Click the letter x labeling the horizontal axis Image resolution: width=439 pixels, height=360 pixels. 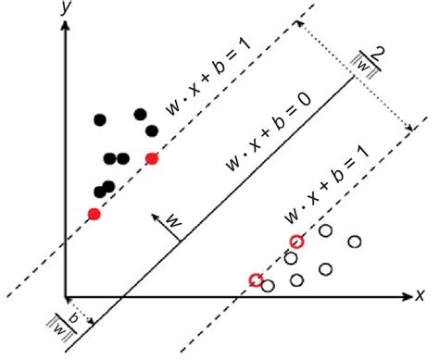(420, 295)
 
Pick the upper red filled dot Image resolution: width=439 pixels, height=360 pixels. (152, 158)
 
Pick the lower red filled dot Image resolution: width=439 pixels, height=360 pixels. (94, 214)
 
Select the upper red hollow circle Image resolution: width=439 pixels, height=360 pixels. (296, 242)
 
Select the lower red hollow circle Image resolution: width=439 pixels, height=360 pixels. (256, 279)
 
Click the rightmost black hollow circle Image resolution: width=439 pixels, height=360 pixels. (355, 242)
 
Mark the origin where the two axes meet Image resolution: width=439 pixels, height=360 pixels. (67, 297)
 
